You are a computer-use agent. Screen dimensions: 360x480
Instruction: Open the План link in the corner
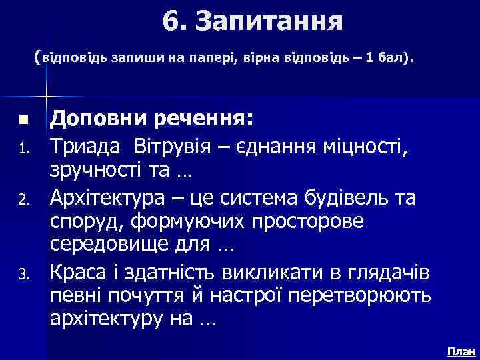[461, 350]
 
